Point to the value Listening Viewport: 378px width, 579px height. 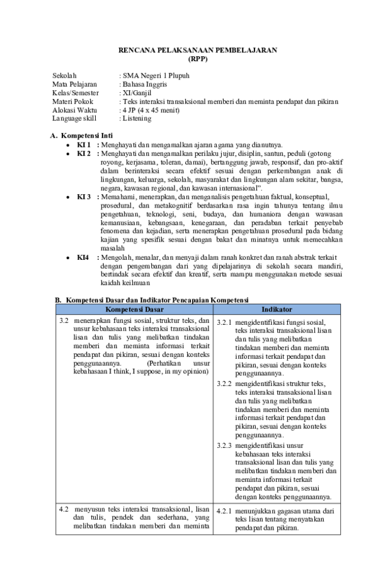[137, 118]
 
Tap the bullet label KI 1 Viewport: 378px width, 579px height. [84, 144]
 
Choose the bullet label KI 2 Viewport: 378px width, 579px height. [84, 153]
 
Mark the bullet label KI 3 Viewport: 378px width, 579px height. [84, 197]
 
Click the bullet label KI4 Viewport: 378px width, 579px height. [83, 257]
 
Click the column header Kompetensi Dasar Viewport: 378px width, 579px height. [134, 310]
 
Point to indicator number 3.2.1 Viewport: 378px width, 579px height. [224, 323]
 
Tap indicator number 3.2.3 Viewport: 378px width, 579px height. [224, 445]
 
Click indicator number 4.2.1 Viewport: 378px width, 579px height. [224, 511]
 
